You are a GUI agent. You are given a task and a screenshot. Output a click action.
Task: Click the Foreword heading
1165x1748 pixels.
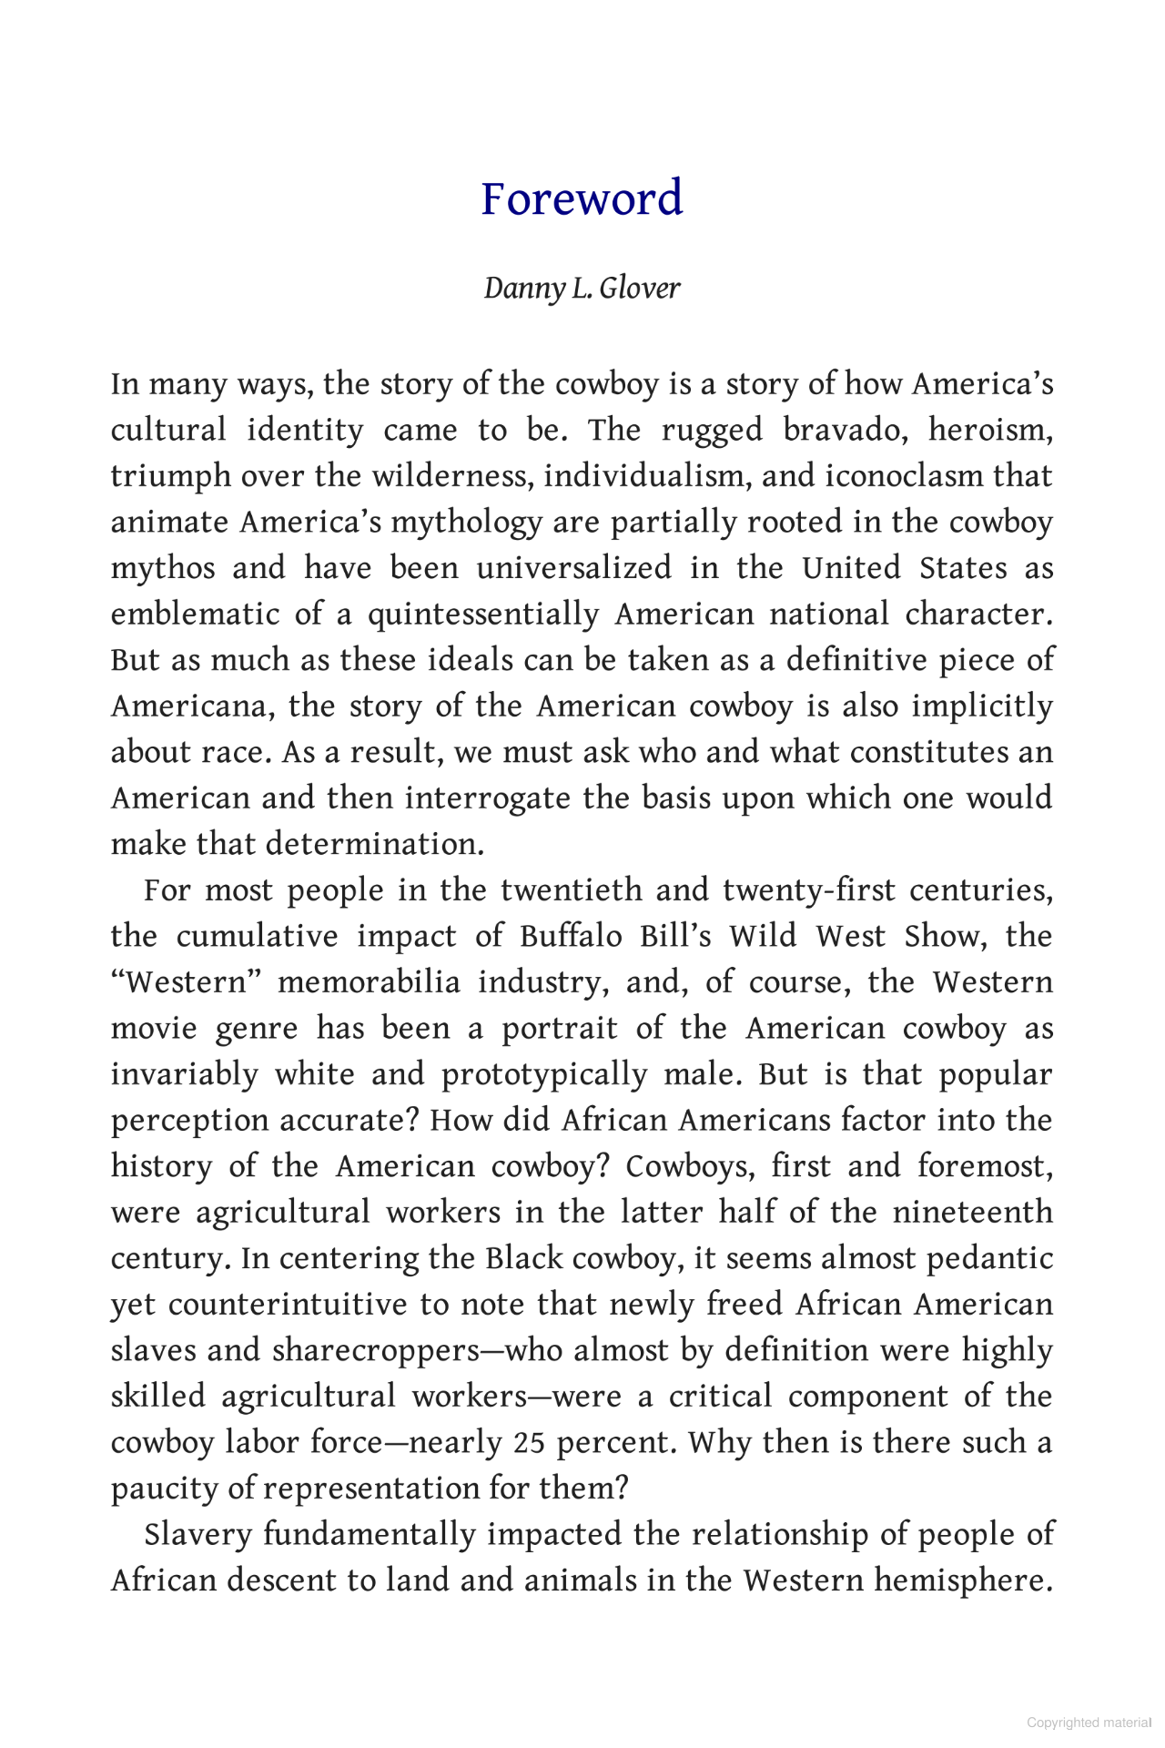click(582, 198)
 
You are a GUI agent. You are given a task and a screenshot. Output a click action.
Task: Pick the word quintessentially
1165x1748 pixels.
click(482, 615)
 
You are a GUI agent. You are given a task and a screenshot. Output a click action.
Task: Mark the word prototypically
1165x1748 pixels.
click(543, 1075)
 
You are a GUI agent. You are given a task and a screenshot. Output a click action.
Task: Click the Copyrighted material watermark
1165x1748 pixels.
click(1089, 1723)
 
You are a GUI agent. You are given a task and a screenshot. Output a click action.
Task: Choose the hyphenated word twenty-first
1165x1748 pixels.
click(805, 890)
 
